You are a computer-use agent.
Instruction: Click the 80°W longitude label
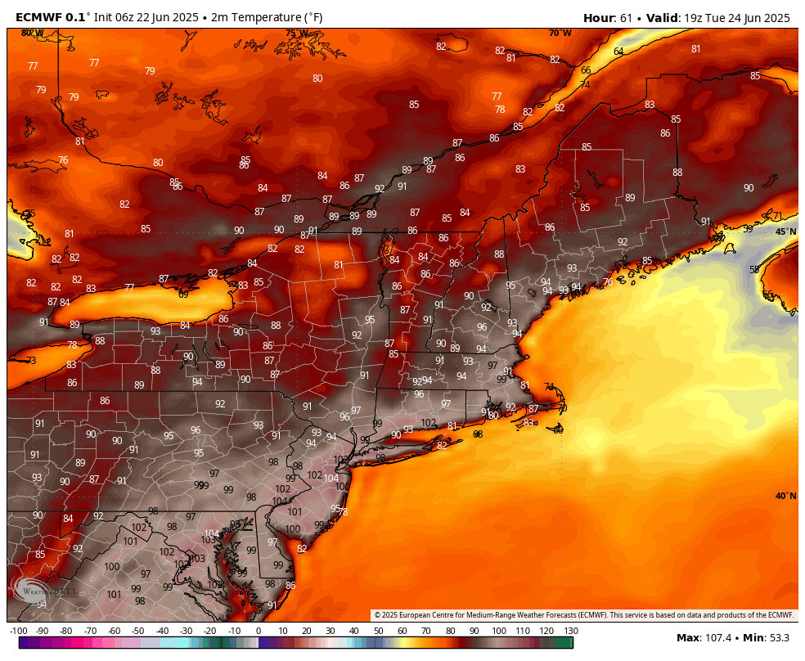click(x=32, y=33)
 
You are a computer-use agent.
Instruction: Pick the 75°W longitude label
click(x=296, y=34)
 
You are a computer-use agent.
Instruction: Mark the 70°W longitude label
click(x=560, y=34)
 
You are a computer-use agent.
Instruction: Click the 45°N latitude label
click(x=785, y=232)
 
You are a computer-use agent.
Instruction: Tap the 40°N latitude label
click(x=785, y=496)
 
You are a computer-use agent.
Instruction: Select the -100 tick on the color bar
click(x=18, y=631)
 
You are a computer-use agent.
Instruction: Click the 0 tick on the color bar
click(x=259, y=631)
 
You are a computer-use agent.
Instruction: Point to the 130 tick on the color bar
click(x=570, y=631)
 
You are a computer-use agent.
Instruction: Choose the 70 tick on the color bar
click(x=426, y=631)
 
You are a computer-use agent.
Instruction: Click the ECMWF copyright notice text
click(x=583, y=615)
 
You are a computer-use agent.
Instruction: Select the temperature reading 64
click(x=618, y=52)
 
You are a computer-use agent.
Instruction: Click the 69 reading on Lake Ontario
click(x=183, y=294)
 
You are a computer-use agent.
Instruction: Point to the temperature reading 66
click(x=586, y=70)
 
